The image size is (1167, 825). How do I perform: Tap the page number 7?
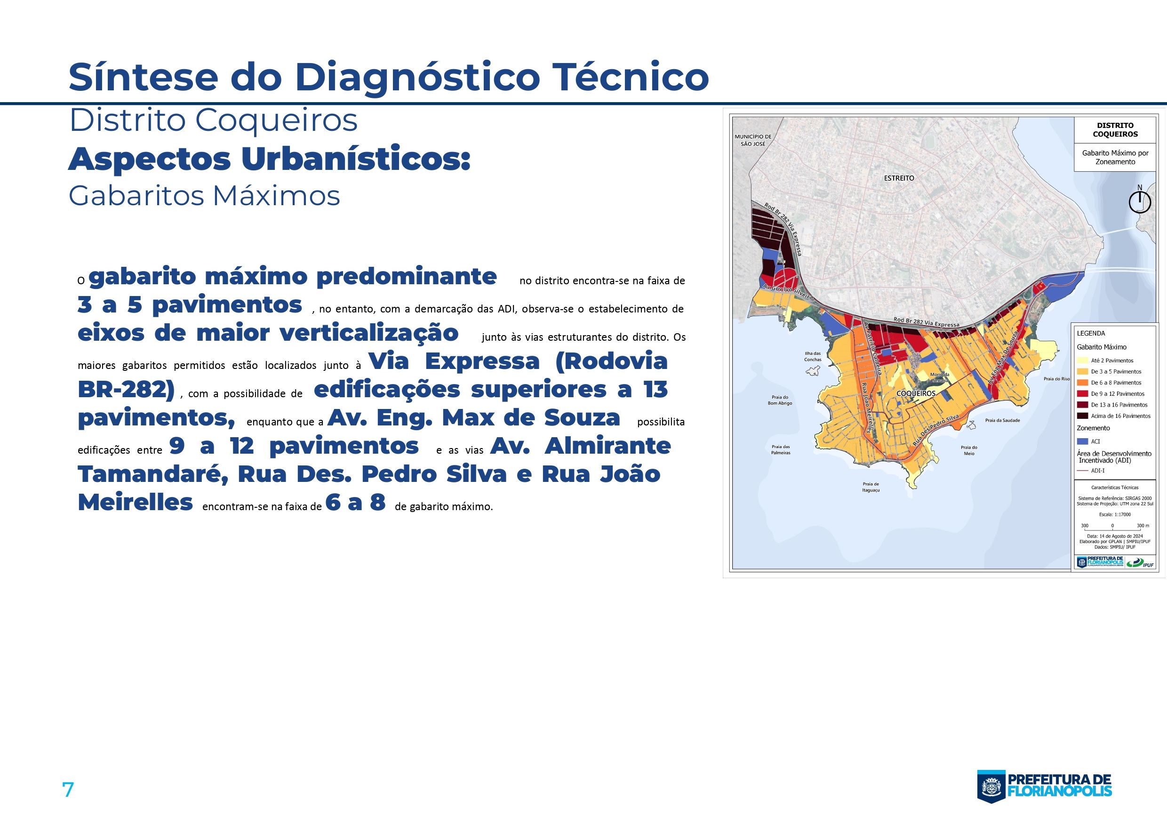[x=68, y=789]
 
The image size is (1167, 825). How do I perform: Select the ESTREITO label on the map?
[x=899, y=178]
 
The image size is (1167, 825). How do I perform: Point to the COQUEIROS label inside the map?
[x=915, y=393]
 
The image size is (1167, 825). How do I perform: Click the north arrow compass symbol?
[x=1140, y=202]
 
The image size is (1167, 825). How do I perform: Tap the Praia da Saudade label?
[x=1002, y=420]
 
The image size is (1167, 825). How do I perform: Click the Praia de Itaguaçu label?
[x=870, y=487]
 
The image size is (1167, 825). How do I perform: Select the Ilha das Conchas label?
[x=813, y=356]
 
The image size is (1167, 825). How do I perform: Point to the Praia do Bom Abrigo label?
[x=780, y=400]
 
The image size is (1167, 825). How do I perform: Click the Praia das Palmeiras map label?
[x=780, y=449]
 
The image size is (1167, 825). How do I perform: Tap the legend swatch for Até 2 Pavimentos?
[x=1082, y=360]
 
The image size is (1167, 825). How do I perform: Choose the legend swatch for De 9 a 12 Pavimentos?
[x=1082, y=393]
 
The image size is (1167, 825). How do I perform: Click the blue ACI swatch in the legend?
[x=1082, y=441]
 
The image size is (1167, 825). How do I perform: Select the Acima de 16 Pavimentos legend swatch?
[x=1082, y=416]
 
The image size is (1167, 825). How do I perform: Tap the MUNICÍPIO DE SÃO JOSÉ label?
[x=753, y=140]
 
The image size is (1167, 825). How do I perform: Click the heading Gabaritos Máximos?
[x=204, y=196]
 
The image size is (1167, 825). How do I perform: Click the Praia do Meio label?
[x=969, y=450]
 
